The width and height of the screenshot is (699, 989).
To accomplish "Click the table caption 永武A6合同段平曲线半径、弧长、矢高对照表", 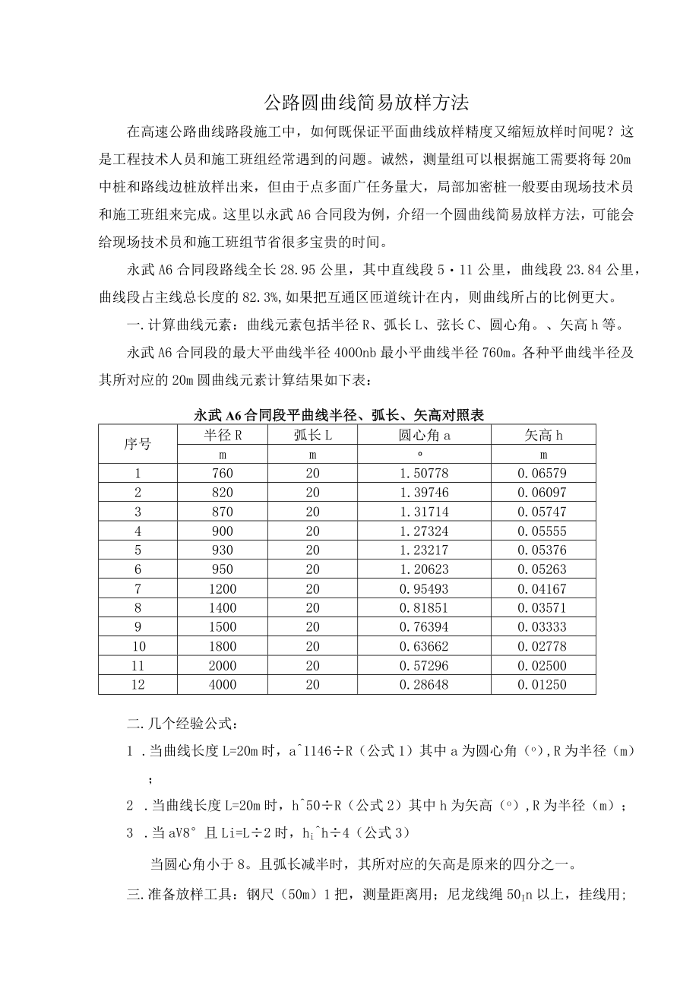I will tap(339, 415).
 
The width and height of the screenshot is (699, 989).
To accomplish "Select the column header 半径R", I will tap(223, 435).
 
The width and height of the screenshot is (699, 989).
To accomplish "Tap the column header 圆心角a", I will tap(424, 435).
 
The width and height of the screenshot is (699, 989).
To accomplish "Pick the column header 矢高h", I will tap(543, 435).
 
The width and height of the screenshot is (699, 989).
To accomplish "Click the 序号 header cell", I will tap(138, 444).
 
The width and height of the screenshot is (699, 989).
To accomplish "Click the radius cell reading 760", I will tap(223, 473).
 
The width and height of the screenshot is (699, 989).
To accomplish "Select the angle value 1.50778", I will tap(424, 473).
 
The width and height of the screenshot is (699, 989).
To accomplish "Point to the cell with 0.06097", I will tap(542, 493).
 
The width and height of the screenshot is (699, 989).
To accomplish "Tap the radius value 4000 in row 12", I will tap(223, 685).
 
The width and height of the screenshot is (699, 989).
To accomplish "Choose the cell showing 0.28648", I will tap(424, 685).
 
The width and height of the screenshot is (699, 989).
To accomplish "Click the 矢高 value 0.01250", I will tap(542, 685).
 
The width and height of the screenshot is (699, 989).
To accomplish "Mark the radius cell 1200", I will tap(223, 589).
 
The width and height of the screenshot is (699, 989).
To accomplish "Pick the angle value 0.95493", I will tap(424, 589).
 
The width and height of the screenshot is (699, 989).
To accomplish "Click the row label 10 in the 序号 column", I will tap(138, 647).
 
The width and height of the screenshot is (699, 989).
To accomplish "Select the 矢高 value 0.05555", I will tap(542, 531).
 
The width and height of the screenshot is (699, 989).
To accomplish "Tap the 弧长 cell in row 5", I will tap(313, 550).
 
